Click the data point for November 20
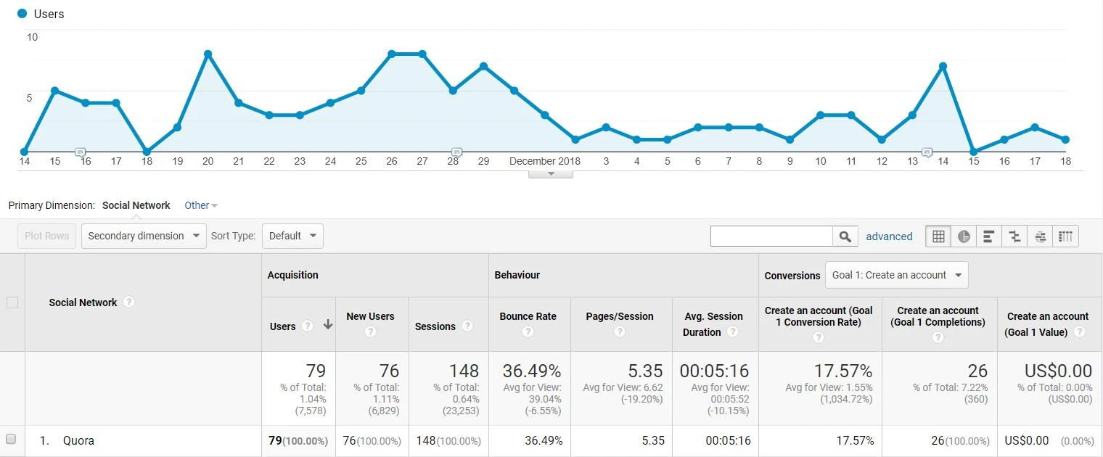(x=208, y=54)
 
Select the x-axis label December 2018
(x=544, y=161)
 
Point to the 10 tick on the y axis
(x=32, y=37)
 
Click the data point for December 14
(x=943, y=66)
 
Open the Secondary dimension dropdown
(x=144, y=236)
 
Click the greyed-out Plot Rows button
(x=46, y=236)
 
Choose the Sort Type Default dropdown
(x=292, y=236)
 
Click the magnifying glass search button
(x=844, y=236)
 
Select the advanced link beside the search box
(x=889, y=236)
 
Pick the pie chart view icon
(x=964, y=236)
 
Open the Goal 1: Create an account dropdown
(x=896, y=275)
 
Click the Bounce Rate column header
(x=528, y=316)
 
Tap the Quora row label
(x=78, y=440)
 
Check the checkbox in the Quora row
(x=11, y=439)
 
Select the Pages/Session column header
(x=619, y=316)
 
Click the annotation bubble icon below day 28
(x=456, y=152)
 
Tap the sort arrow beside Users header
(x=328, y=325)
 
